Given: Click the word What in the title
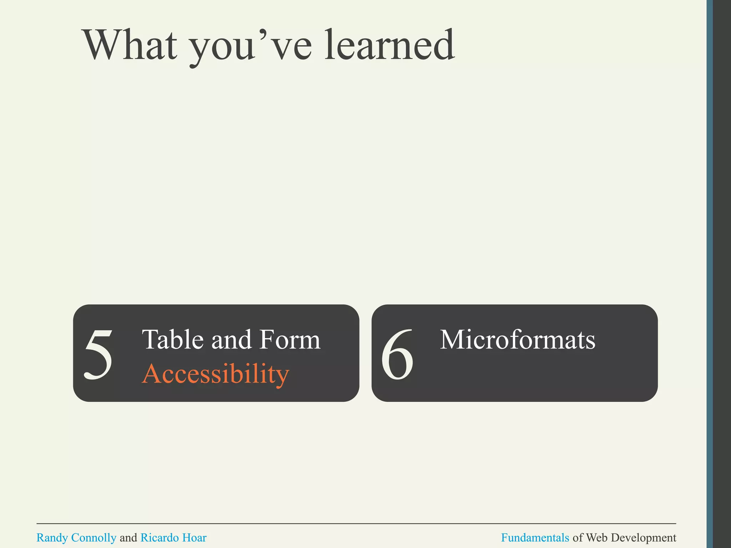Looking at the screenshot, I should pos(130,45).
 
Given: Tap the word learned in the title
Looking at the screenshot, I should pos(390,45).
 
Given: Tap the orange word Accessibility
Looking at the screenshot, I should pos(215,374).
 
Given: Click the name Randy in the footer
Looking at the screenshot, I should pos(52,538).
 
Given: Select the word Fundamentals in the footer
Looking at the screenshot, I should pos(535,538).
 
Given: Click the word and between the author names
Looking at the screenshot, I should pos(128,538).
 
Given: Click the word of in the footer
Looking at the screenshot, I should pos(578,538).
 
